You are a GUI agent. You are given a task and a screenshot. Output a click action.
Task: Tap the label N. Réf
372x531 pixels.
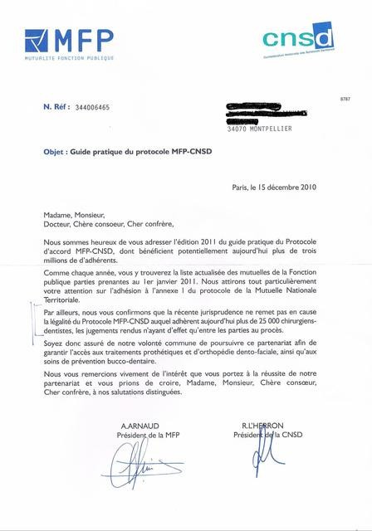[x=56, y=108]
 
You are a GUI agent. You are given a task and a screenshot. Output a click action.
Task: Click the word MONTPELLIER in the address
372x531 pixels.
[x=268, y=129]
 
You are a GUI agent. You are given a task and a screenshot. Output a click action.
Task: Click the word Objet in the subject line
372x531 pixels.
[x=55, y=153]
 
